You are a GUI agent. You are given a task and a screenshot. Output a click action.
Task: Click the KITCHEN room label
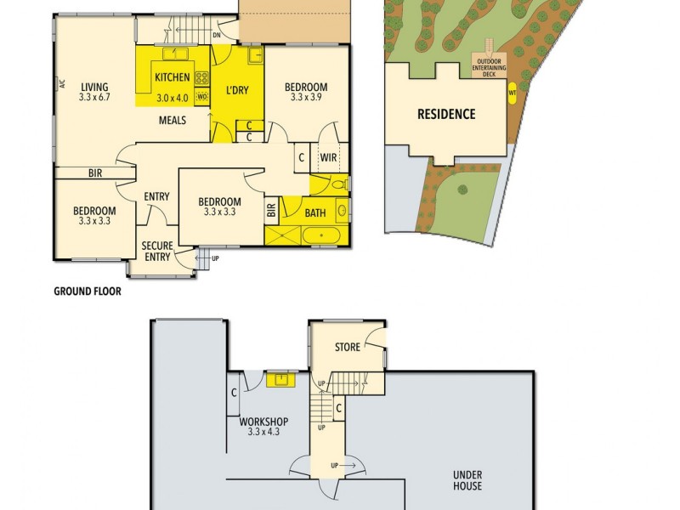(x=173, y=78)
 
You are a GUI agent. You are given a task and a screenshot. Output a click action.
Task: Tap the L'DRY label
(x=236, y=90)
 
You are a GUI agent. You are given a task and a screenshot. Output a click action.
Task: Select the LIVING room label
(x=94, y=86)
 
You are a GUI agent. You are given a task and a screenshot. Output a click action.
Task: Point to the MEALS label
(x=173, y=120)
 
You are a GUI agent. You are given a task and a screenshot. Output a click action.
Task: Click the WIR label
(x=327, y=157)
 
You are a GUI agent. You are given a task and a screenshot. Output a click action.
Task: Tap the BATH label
(x=316, y=213)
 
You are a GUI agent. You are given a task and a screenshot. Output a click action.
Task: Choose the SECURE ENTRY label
(x=157, y=252)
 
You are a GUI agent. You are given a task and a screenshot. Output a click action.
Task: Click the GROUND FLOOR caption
(x=88, y=291)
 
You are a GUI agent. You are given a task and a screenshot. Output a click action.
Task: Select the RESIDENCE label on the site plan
(x=445, y=114)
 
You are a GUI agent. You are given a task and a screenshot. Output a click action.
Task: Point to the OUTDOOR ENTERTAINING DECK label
(x=489, y=67)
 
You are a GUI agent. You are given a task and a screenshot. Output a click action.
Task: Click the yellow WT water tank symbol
(x=513, y=93)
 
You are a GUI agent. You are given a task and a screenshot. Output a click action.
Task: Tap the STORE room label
(x=348, y=347)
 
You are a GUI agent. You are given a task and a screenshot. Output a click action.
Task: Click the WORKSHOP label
(x=263, y=422)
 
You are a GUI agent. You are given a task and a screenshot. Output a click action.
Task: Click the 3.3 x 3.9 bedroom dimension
(x=306, y=97)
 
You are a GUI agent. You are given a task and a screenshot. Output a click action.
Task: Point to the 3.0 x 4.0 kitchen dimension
(x=174, y=98)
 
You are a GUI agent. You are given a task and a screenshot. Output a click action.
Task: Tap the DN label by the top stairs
(x=217, y=36)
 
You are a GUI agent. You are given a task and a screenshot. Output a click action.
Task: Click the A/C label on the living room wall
(x=62, y=83)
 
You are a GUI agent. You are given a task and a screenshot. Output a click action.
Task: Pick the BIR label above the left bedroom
(x=95, y=173)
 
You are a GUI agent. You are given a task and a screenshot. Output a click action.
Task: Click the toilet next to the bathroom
(x=337, y=184)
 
